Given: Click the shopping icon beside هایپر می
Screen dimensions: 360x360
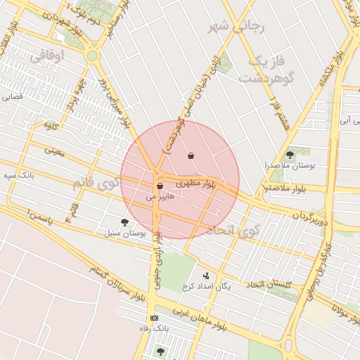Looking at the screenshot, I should point(160,186).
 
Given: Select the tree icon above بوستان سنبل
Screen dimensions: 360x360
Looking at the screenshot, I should point(124,222).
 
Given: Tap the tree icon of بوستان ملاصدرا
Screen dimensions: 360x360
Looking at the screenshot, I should point(290,155).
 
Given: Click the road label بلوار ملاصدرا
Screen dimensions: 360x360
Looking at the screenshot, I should point(285,188).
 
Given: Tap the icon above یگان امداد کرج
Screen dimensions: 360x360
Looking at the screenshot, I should point(206,276).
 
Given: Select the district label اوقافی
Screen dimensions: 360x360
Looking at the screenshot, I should point(48,53).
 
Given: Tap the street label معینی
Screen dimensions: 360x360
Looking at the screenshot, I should point(53,150).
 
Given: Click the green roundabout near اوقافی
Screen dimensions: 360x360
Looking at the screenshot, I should point(92,56).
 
